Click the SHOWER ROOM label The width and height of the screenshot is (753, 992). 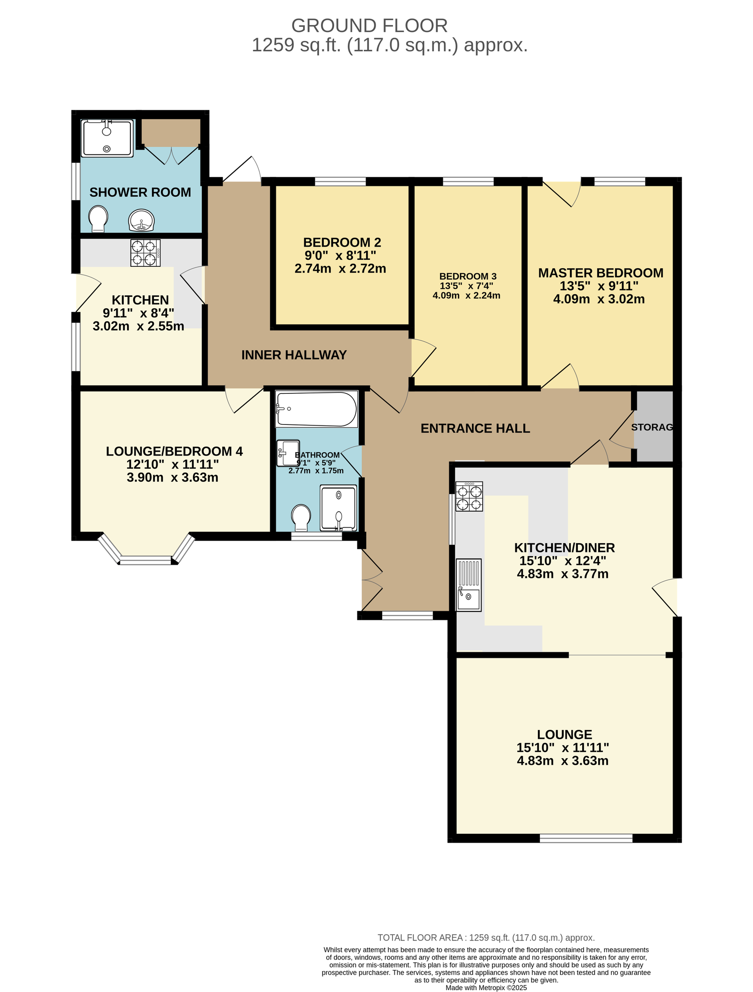(140, 192)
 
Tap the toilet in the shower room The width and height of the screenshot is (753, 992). (98, 219)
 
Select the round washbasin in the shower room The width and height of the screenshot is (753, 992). (141, 220)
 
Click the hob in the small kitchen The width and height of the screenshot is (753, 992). (145, 253)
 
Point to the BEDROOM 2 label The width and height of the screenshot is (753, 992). (342, 242)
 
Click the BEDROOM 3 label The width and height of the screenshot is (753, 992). (468, 276)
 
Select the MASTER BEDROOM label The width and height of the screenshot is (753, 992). (601, 273)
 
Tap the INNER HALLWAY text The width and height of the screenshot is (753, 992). (294, 355)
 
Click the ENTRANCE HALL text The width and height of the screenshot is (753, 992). (475, 428)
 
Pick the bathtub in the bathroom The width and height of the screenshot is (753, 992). (317, 409)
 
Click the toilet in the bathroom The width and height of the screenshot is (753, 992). (301, 518)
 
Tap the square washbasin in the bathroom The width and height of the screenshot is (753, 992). (288, 453)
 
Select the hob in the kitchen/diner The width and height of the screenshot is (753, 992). (469, 496)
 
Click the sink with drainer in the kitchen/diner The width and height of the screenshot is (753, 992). (469, 585)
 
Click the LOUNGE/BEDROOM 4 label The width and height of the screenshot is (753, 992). (174, 451)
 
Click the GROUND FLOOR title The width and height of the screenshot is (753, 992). (369, 25)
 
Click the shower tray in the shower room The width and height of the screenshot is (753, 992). (107, 138)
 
